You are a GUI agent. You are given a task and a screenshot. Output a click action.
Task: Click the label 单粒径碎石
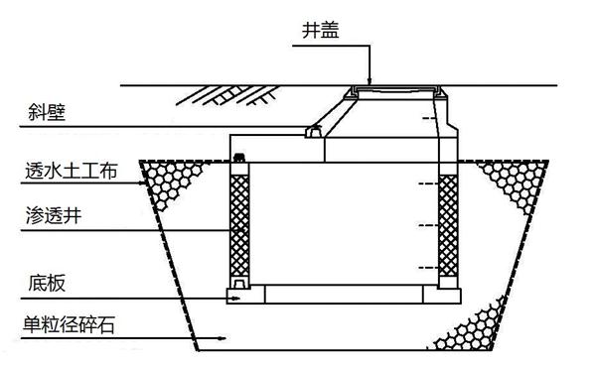click(x=74, y=324)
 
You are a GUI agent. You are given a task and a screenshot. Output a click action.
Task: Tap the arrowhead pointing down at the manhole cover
click(x=370, y=80)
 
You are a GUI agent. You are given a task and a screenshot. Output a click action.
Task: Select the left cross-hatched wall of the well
click(x=240, y=226)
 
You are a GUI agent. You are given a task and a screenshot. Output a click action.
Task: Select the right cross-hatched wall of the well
click(x=448, y=226)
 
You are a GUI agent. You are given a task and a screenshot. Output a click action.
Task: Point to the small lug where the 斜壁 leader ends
click(x=311, y=131)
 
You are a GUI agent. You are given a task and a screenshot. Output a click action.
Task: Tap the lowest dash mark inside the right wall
click(x=426, y=268)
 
